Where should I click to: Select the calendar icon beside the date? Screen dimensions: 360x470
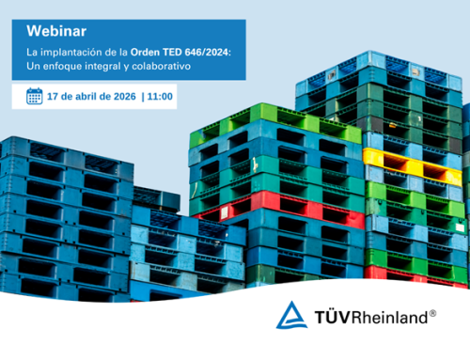pos(34,96)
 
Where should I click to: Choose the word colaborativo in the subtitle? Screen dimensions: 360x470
pos(162,68)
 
